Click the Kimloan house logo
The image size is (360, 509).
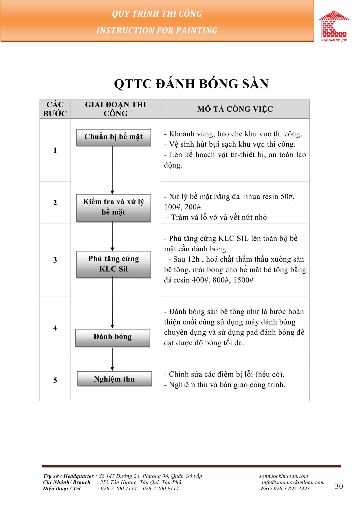pyautogui.click(x=334, y=25)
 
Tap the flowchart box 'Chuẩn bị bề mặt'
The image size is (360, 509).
pyautogui.click(x=113, y=137)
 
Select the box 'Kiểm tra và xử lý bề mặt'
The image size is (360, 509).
pyautogui.click(x=113, y=207)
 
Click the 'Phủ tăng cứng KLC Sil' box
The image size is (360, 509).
pyautogui.click(x=113, y=264)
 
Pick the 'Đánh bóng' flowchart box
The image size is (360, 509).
pyautogui.click(x=113, y=337)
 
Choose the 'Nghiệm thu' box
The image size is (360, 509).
pyautogui.click(x=114, y=379)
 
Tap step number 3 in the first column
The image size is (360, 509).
pyautogui.click(x=55, y=260)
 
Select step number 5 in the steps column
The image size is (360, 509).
pyautogui.click(x=55, y=380)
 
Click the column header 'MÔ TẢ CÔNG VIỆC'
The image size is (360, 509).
pyautogui.click(x=235, y=109)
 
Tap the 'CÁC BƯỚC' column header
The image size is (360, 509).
pyautogui.click(x=55, y=109)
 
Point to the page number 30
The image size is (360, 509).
pyautogui.click(x=339, y=486)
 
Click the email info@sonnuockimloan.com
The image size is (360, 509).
pyautogui.click(x=293, y=482)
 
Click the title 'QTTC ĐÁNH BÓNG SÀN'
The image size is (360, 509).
pyautogui.click(x=191, y=84)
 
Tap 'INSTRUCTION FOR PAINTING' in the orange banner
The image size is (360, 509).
pyautogui.click(x=157, y=31)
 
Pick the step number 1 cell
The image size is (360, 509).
pyautogui.click(x=55, y=150)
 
